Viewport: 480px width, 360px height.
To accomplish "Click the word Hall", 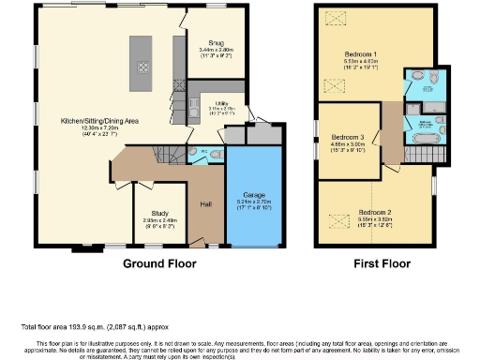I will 205,203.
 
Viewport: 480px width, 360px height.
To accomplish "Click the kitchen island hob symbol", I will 142,66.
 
